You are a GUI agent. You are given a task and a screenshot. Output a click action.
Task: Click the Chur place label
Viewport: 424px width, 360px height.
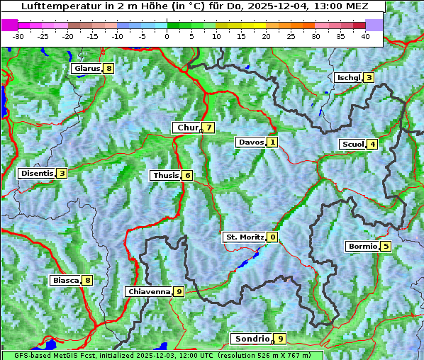click(187, 128)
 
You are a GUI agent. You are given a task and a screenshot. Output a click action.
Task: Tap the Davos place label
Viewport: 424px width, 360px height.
click(250, 142)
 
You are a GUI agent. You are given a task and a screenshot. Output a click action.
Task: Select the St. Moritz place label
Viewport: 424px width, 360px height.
click(244, 237)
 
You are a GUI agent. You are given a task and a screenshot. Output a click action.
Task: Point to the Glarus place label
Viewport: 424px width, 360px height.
click(86, 69)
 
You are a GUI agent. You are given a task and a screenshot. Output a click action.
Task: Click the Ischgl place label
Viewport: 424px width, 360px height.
click(348, 77)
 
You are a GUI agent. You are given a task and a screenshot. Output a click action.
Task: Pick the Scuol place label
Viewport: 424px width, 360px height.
click(352, 144)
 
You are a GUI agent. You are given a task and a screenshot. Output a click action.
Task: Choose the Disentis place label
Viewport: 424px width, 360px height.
click(37, 173)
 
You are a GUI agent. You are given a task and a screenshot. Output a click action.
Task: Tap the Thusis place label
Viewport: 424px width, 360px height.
click(165, 175)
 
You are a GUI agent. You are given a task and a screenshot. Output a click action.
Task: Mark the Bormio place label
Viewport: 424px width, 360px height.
click(362, 247)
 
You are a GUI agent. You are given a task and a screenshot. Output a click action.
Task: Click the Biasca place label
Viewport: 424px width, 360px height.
click(65, 280)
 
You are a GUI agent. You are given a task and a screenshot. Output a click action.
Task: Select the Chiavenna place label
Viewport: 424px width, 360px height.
click(148, 291)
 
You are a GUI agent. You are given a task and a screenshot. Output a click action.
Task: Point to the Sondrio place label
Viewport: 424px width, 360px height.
click(252, 339)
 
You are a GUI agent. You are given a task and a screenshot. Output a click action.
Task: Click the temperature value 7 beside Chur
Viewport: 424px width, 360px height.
click(209, 128)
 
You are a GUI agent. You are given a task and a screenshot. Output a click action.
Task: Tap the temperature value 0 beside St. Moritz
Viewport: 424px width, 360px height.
click(273, 237)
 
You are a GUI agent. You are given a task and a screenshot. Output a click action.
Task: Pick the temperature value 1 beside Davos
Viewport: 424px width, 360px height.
click(272, 142)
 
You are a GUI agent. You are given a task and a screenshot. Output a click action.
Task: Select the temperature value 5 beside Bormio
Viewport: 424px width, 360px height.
click(386, 247)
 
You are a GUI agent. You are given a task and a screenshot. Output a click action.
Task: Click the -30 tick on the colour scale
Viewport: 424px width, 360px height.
click(18, 36)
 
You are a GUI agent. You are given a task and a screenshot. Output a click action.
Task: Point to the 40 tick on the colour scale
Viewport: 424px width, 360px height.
click(365, 36)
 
